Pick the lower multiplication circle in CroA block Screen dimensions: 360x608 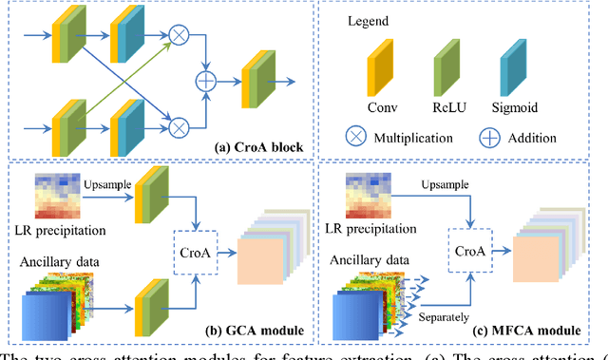click(177, 123)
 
